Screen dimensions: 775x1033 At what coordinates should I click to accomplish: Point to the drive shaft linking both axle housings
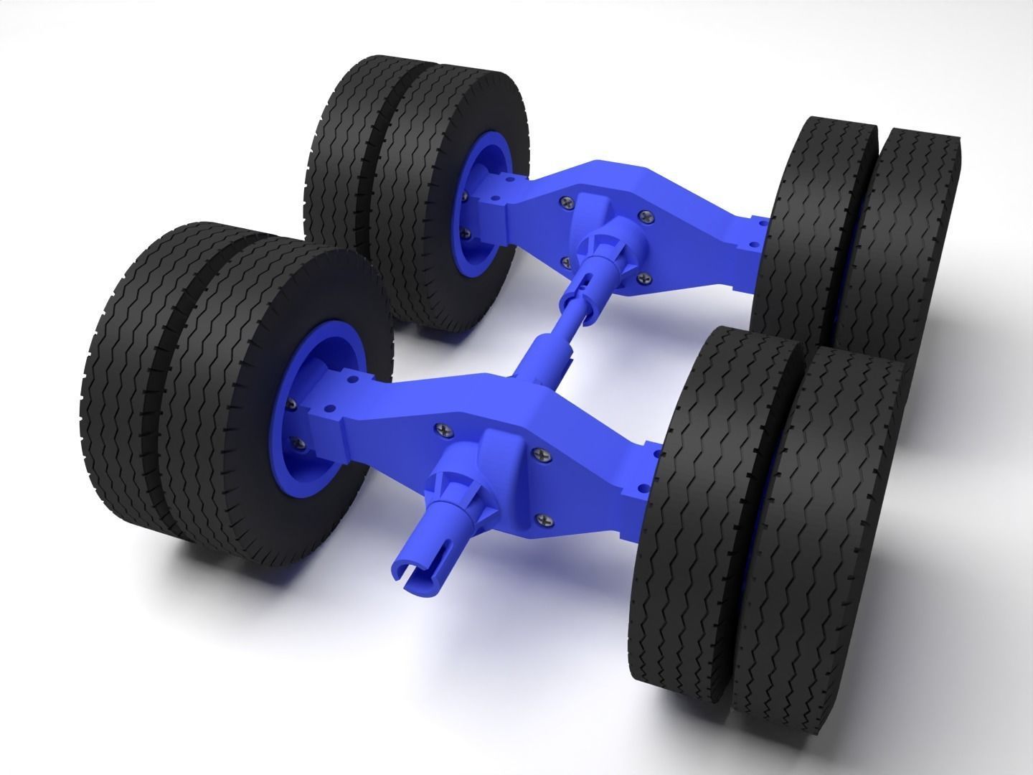coord(553,329)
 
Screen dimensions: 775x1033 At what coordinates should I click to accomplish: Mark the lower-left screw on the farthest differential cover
coord(566,261)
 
